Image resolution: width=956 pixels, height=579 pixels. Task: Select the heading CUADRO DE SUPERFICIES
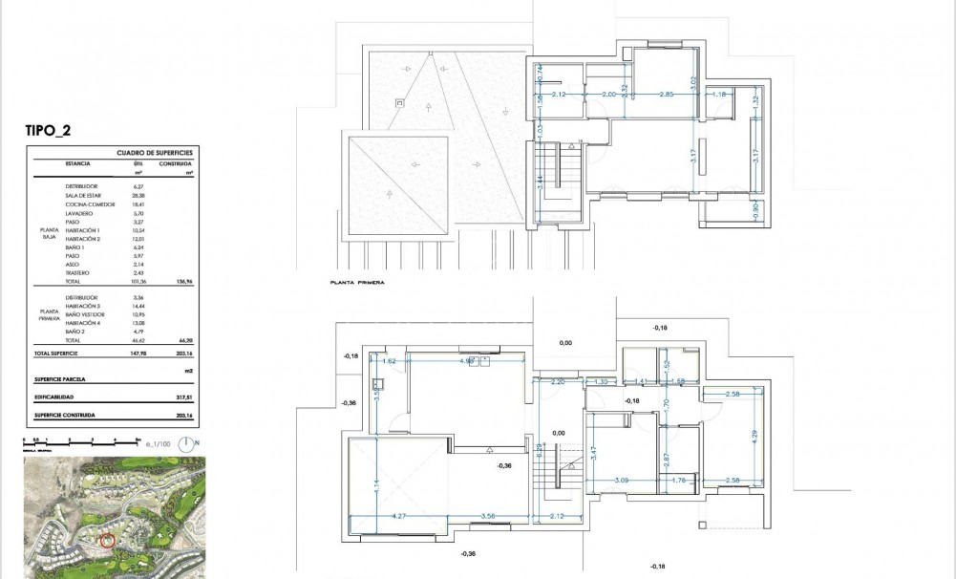click(155, 152)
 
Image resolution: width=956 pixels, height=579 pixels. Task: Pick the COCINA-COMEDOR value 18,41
click(138, 204)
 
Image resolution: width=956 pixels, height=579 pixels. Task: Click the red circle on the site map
click(107, 541)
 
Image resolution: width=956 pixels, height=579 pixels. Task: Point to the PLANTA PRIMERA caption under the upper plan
click(355, 284)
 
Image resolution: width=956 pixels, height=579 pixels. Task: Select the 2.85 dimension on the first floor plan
click(667, 94)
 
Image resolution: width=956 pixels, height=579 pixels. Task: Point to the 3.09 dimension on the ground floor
click(621, 480)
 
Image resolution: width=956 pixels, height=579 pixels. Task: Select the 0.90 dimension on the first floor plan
click(754, 210)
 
